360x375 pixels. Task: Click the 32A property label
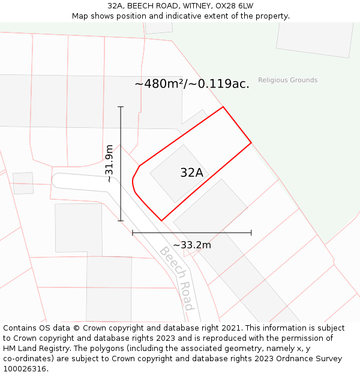[x=191, y=173]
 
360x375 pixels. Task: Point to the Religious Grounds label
[x=288, y=80]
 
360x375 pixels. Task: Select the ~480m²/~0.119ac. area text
[x=192, y=84]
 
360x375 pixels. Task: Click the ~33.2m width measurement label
[x=192, y=245]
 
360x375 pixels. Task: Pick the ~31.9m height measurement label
[x=109, y=163]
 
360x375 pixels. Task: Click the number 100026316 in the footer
[x=24, y=369]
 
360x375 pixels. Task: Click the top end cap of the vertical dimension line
[x=121, y=107]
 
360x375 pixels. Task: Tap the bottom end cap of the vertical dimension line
[x=121, y=221]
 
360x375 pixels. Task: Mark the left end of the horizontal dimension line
[x=133, y=233]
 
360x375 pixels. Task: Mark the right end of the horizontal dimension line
[x=251, y=233]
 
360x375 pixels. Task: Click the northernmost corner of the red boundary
[x=223, y=107]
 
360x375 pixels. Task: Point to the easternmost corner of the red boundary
[x=251, y=143]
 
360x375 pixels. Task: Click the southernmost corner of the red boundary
[x=161, y=221]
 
